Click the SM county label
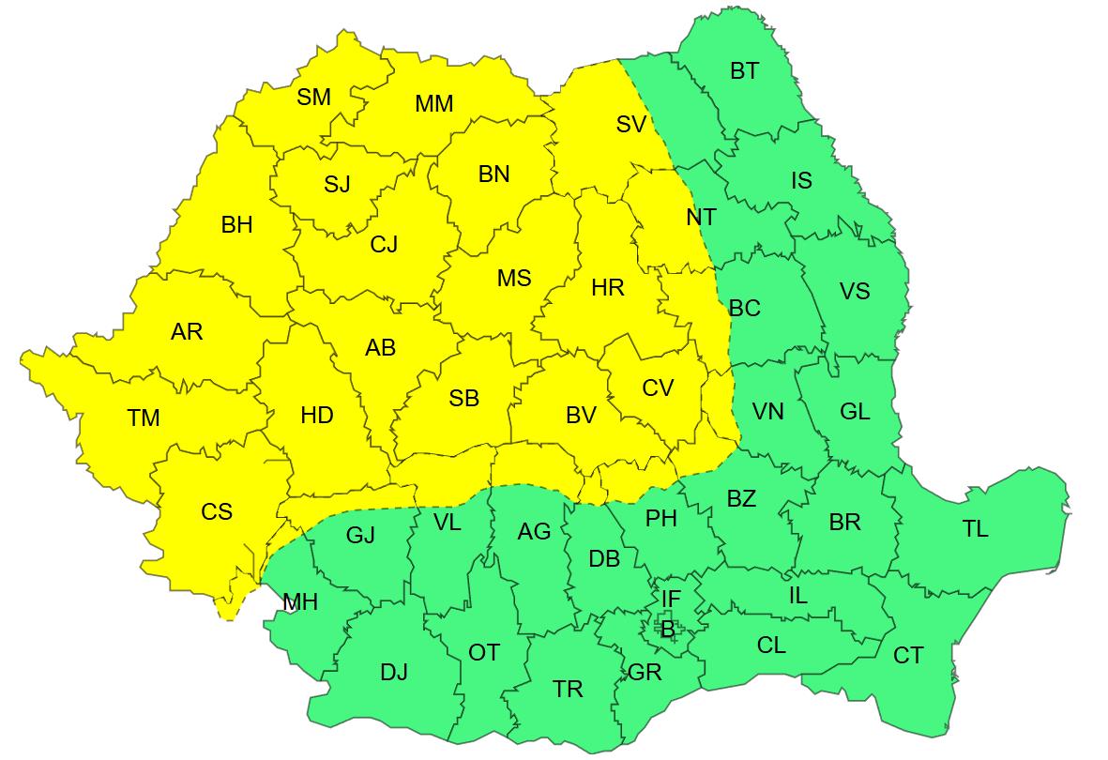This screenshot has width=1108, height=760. [x=314, y=97]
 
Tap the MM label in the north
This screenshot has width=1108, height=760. [x=434, y=104]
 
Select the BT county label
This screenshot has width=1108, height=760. [x=744, y=71]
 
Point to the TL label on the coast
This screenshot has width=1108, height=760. [x=975, y=529]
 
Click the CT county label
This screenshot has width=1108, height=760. [x=908, y=656]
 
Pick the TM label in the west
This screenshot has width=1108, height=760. [x=144, y=418]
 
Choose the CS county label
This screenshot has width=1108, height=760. [x=217, y=512]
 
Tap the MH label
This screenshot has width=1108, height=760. [x=300, y=602]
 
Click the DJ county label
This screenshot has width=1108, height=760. [x=394, y=673]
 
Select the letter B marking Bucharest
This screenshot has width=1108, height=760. [x=667, y=631]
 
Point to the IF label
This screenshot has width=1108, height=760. [x=671, y=599]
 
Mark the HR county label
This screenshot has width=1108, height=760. [x=608, y=289]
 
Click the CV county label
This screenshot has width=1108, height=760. [x=658, y=388]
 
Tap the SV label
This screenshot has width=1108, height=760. [x=631, y=124]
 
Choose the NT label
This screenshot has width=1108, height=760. [x=701, y=218]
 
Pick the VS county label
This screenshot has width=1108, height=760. [x=855, y=291]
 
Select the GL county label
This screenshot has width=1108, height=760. [x=855, y=411]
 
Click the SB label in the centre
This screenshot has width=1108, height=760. [x=463, y=399]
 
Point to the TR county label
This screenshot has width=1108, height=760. [x=568, y=690]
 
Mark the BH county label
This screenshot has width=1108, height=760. [x=236, y=225]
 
